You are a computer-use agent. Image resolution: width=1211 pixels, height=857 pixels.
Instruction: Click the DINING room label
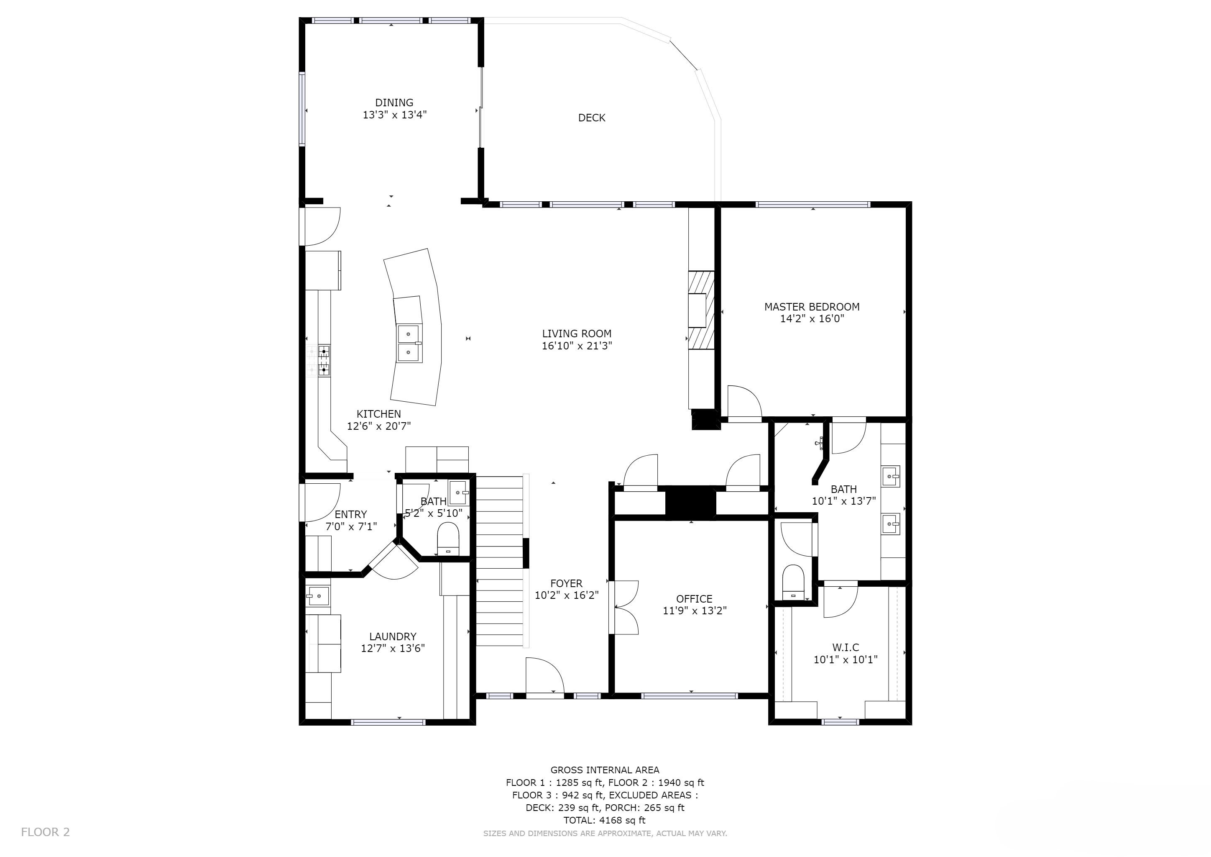click(394, 103)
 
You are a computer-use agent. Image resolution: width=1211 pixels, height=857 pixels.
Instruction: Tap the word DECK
click(591, 118)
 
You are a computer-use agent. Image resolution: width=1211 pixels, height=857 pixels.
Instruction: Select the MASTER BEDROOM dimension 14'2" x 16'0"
click(812, 319)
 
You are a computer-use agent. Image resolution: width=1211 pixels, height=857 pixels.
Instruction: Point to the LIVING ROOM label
click(577, 334)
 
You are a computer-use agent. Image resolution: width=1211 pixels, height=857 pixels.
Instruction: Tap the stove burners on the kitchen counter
click(324, 361)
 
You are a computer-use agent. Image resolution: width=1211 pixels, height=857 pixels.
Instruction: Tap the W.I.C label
click(846, 647)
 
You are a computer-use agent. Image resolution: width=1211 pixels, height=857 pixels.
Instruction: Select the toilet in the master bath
click(793, 582)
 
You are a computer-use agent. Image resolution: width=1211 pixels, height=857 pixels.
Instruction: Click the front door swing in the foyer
click(545, 676)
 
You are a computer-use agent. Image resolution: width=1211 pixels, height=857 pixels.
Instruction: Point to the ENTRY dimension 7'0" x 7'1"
click(351, 526)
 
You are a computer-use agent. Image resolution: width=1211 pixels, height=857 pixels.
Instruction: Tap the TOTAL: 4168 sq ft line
click(604, 820)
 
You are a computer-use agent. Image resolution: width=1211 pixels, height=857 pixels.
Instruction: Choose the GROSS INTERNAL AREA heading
click(604, 770)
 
